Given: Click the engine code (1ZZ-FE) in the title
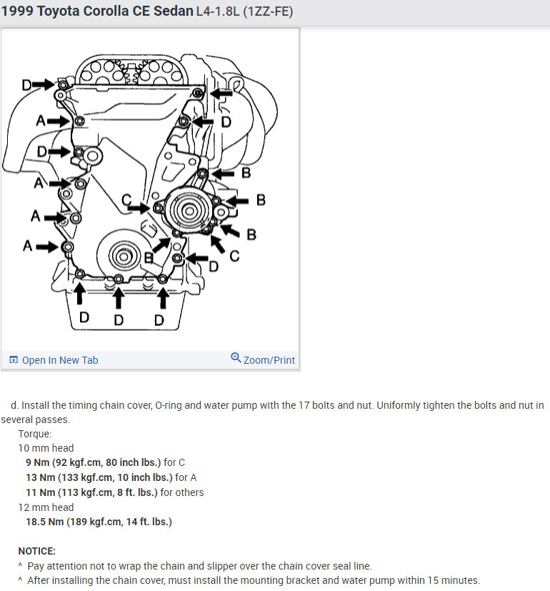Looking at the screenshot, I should point(268,12).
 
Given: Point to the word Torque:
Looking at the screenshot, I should point(35,434).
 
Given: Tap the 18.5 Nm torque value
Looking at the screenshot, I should point(46,522).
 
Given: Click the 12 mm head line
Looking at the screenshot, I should point(46,507).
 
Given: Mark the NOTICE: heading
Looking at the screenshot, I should point(36,551).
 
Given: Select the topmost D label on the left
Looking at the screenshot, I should point(26,85).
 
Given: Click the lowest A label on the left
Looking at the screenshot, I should point(27,246).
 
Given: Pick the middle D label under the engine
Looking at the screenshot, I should point(119,319).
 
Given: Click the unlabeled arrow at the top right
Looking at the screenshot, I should point(221,93).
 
